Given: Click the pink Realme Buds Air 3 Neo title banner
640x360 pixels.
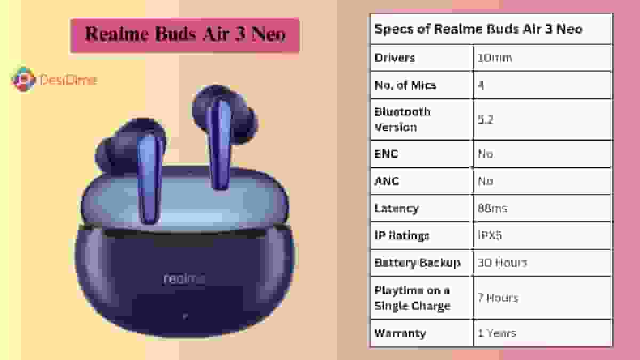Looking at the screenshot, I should click(x=185, y=35).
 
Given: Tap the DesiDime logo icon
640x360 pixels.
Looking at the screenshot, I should click(x=23, y=79).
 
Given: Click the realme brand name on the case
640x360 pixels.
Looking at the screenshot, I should click(x=184, y=278).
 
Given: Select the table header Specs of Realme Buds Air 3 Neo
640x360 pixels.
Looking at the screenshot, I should click(x=478, y=29).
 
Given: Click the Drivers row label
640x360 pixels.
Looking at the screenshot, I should click(x=395, y=58).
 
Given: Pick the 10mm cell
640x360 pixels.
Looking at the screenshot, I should click(x=494, y=58).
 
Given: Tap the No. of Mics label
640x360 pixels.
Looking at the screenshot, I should click(x=405, y=85).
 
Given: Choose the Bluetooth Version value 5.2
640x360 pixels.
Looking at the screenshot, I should click(x=485, y=119).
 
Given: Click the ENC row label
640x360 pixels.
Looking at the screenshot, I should click(x=387, y=154).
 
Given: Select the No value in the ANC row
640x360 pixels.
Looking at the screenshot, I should click(x=485, y=181).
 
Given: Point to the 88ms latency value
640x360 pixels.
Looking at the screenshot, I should click(x=492, y=208).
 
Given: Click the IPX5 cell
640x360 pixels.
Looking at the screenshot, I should click(x=490, y=235).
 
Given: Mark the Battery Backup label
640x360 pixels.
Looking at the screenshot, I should click(x=417, y=262).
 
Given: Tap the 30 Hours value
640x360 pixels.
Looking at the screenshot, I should click(x=502, y=262).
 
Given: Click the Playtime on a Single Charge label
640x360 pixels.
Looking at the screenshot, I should click(x=412, y=298).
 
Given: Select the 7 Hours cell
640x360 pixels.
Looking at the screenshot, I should click(x=498, y=298).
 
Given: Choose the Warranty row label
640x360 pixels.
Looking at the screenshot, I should click(x=400, y=333).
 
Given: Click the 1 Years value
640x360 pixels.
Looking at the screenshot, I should click(x=497, y=333).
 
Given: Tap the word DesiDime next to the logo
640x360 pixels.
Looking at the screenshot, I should click(x=68, y=81).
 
